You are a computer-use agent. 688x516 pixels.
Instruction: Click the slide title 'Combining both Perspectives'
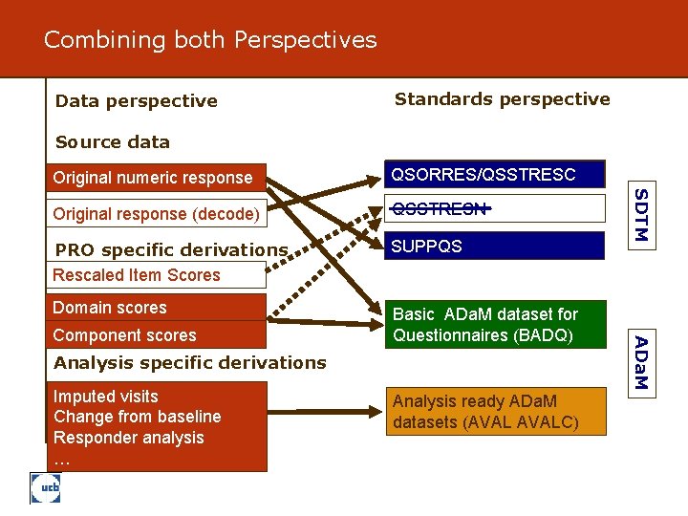point(210,40)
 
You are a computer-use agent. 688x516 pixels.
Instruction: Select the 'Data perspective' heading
point(137,101)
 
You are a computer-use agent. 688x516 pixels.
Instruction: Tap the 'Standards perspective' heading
point(502,99)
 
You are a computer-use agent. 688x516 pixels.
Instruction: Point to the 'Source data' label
point(113,142)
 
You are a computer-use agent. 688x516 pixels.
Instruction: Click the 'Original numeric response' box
point(153,177)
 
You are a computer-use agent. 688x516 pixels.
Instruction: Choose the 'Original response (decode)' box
point(156,214)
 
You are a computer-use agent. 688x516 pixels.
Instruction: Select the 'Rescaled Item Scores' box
point(137,275)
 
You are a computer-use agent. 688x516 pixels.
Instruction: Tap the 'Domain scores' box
point(110,308)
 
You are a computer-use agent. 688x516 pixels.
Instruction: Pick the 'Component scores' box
point(125,335)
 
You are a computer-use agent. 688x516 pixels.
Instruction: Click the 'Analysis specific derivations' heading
point(190,362)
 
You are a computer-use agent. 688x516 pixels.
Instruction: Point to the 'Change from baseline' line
point(138,417)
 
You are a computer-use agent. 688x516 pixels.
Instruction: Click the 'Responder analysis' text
point(129,438)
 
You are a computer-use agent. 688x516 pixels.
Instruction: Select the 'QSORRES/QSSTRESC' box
point(495,174)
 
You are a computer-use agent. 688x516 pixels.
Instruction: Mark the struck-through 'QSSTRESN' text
point(441,208)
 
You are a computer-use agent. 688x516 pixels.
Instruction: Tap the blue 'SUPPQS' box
point(495,246)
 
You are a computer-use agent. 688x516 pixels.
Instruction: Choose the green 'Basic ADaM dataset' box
point(495,325)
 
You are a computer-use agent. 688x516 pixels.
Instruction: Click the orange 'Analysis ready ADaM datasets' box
point(495,412)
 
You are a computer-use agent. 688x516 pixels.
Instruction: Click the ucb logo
point(47,488)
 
